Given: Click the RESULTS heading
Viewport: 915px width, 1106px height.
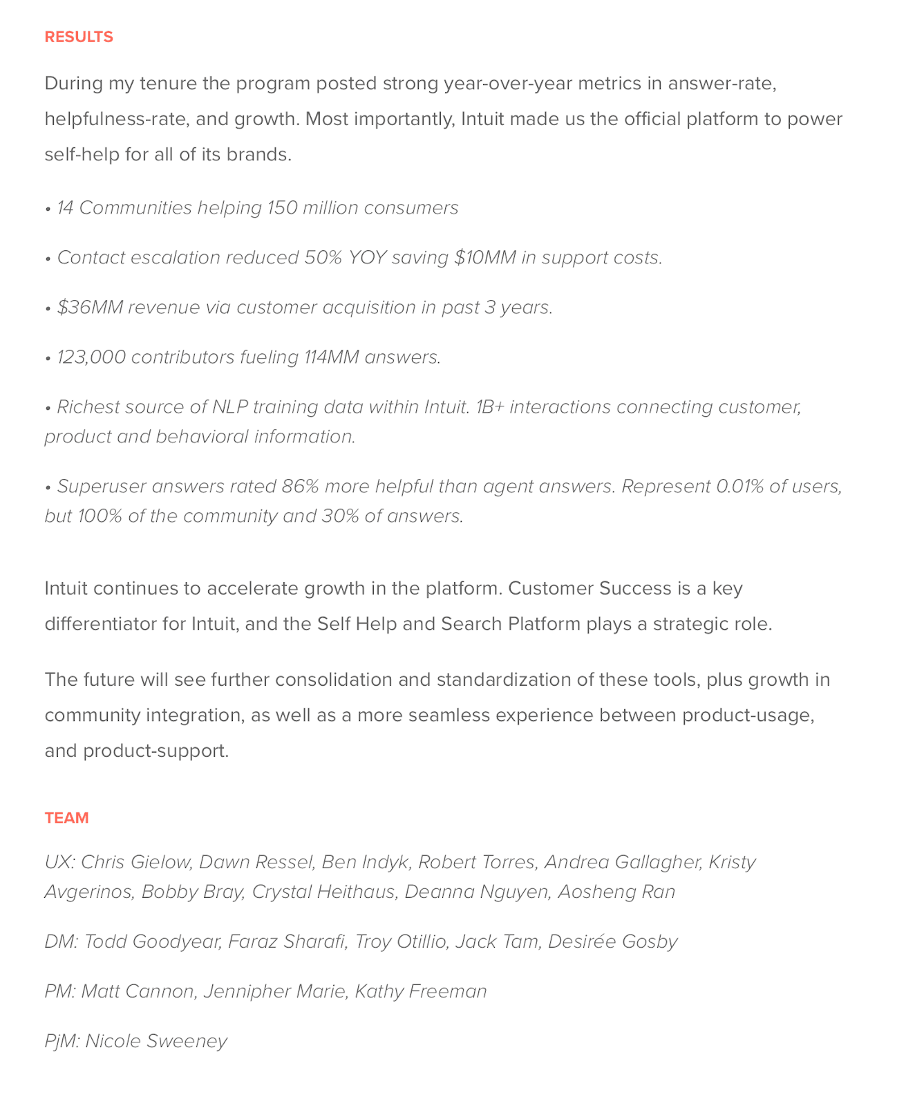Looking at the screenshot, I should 79,37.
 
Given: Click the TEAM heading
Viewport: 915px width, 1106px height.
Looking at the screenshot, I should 67,818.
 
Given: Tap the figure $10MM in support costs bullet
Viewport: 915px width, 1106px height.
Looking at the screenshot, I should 485,258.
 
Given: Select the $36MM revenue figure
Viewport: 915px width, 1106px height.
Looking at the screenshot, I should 90,308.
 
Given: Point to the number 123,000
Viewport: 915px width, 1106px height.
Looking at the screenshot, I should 91,357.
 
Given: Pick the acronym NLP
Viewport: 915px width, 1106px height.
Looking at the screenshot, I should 229,407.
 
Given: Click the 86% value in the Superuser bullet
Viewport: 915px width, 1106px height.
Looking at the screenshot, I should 300,487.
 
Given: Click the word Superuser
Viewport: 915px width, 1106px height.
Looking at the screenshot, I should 102,487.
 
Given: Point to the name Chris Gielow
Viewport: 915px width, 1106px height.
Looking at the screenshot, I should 135,863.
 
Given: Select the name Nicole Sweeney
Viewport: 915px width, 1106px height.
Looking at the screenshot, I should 156,1042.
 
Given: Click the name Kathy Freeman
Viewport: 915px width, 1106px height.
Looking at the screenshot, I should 421,992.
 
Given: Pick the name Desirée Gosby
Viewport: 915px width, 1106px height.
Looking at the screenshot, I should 612,942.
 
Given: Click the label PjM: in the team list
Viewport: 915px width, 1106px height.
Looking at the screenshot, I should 62,1042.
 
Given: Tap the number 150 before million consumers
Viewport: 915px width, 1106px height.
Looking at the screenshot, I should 281,208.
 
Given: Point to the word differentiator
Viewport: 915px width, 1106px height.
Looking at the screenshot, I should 100,624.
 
